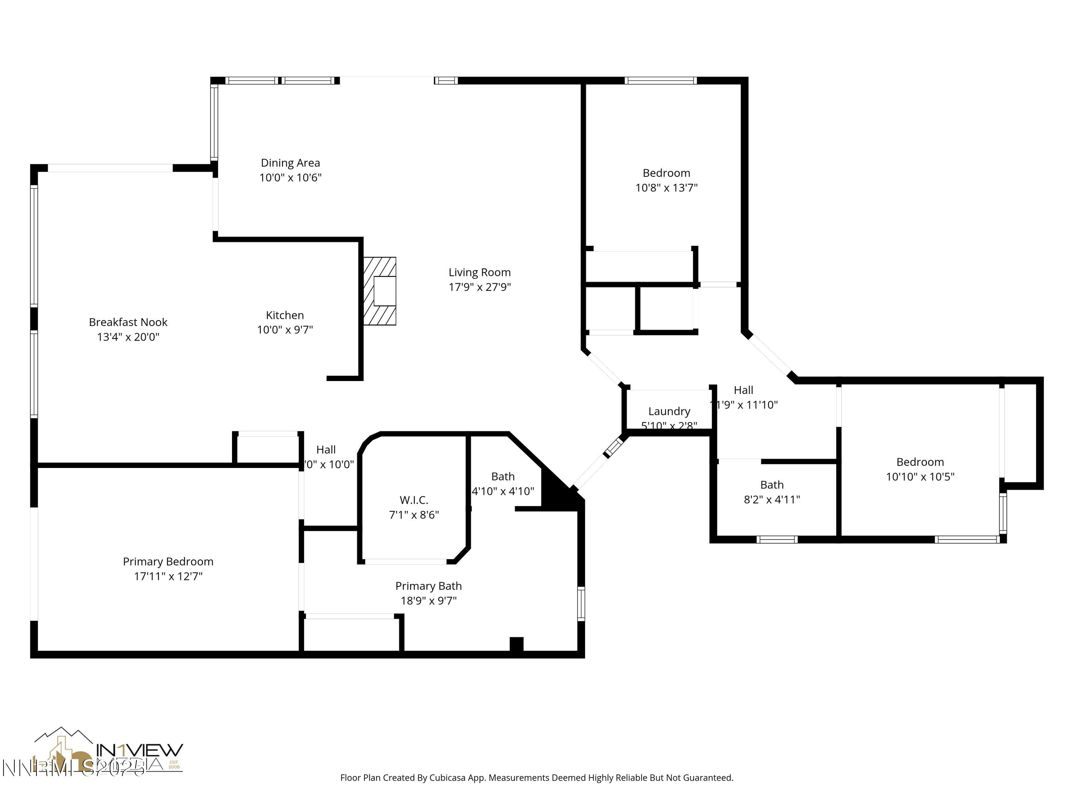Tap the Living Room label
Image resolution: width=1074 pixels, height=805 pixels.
pyautogui.click(x=479, y=272)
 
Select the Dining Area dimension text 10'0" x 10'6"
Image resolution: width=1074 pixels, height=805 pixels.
pyautogui.click(x=290, y=177)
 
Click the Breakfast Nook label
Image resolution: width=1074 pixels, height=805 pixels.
pyautogui.click(x=128, y=322)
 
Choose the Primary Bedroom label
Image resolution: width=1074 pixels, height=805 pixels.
pyautogui.click(x=168, y=561)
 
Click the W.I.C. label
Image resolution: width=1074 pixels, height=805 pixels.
pyautogui.click(x=414, y=500)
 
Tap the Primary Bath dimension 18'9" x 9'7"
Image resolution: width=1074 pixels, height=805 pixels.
pyautogui.click(x=428, y=601)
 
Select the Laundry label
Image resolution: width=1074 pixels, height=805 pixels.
pyautogui.click(x=669, y=411)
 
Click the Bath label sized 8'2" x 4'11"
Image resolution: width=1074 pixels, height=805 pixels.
pyautogui.click(x=771, y=485)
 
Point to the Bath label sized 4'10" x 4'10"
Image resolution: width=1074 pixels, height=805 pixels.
pyautogui.click(x=503, y=477)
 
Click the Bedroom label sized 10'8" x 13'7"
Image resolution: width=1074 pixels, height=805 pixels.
pyautogui.click(x=666, y=173)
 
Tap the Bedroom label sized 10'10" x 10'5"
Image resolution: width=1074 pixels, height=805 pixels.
pyautogui.click(x=920, y=462)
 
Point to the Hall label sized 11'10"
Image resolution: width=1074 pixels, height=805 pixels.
pyautogui.click(x=743, y=390)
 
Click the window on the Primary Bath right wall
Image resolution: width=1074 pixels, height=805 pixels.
pyautogui.click(x=581, y=604)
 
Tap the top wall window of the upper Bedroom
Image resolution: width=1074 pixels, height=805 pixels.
pyautogui.click(x=660, y=80)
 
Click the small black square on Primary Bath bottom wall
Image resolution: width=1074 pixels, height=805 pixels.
pyautogui.click(x=516, y=644)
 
